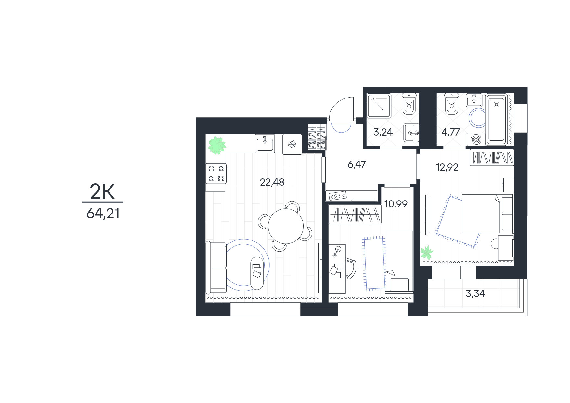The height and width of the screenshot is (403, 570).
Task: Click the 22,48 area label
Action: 272,182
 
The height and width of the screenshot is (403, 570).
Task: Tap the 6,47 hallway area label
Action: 356,165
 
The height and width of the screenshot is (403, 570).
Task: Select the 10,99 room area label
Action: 396,204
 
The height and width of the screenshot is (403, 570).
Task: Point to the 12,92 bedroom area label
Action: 447,167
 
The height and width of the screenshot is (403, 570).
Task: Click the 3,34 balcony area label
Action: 475,294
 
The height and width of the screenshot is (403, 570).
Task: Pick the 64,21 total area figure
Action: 103,214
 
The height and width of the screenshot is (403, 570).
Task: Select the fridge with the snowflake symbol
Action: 292,144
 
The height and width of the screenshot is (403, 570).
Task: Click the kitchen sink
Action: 265,143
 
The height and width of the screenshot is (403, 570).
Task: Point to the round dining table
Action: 286,226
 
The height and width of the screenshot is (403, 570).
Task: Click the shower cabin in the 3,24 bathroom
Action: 379,106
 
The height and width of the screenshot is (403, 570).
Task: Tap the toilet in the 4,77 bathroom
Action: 451,104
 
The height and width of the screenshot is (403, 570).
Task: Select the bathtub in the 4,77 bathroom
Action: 496,119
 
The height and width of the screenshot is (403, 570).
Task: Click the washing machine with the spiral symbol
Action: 476,139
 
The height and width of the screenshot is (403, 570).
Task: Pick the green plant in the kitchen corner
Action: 217,145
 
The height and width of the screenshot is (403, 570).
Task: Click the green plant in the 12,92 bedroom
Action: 427,252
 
